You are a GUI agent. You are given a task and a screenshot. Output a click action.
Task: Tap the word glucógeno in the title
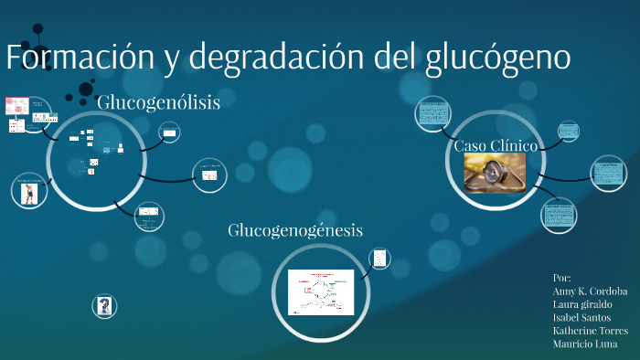click(498, 58)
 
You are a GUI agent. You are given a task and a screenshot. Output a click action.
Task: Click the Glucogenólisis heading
click(158, 102)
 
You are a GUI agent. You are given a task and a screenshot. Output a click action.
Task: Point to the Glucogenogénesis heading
click(295, 230)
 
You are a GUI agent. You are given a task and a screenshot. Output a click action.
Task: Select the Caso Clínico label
click(496, 145)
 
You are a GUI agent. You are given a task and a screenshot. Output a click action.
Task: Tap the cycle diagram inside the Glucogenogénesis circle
click(320, 291)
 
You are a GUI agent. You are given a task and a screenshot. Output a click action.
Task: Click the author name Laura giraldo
click(582, 303)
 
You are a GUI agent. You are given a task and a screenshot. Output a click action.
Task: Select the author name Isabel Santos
click(582, 317)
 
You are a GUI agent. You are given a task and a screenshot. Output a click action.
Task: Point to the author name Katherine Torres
click(590, 330)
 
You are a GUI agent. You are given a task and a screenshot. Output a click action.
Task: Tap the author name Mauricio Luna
click(584, 344)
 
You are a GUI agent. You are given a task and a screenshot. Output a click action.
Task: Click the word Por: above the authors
click(562, 276)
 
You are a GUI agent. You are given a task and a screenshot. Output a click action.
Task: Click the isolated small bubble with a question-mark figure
click(105, 305)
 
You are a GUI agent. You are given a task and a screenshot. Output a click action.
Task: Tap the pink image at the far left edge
click(16, 106)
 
